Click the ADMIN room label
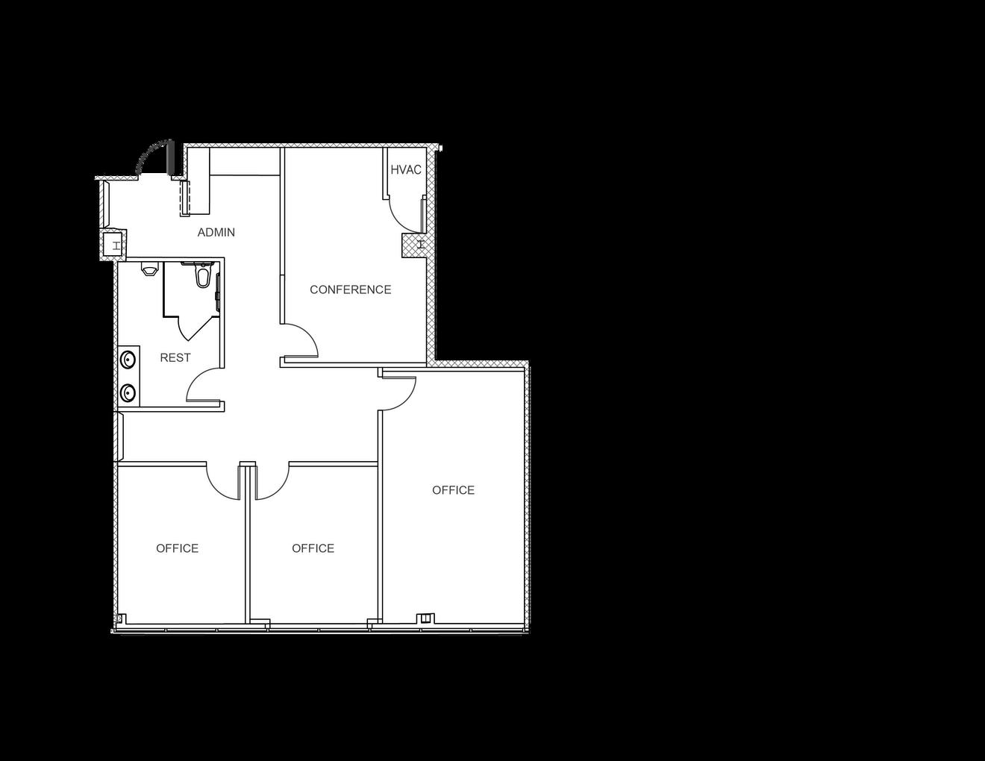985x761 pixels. pyautogui.click(x=216, y=233)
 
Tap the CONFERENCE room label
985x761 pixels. pyautogui.click(x=350, y=289)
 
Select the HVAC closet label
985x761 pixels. pyautogui.click(x=406, y=170)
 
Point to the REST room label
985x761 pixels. pyautogui.click(x=175, y=358)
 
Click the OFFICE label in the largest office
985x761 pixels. pyautogui.click(x=453, y=490)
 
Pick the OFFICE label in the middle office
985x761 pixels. pyautogui.click(x=313, y=548)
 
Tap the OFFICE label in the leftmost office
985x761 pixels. pyautogui.click(x=177, y=548)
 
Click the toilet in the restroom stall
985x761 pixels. pyautogui.click(x=201, y=277)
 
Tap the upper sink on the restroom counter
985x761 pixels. pyautogui.click(x=129, y=360)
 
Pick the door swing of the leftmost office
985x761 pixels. pyautogui.click(x=222, y=483)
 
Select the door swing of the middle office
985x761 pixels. pyautogui.click(x=273, y=483)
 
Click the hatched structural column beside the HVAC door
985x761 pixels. pyautogui.click(x=413, y=245)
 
